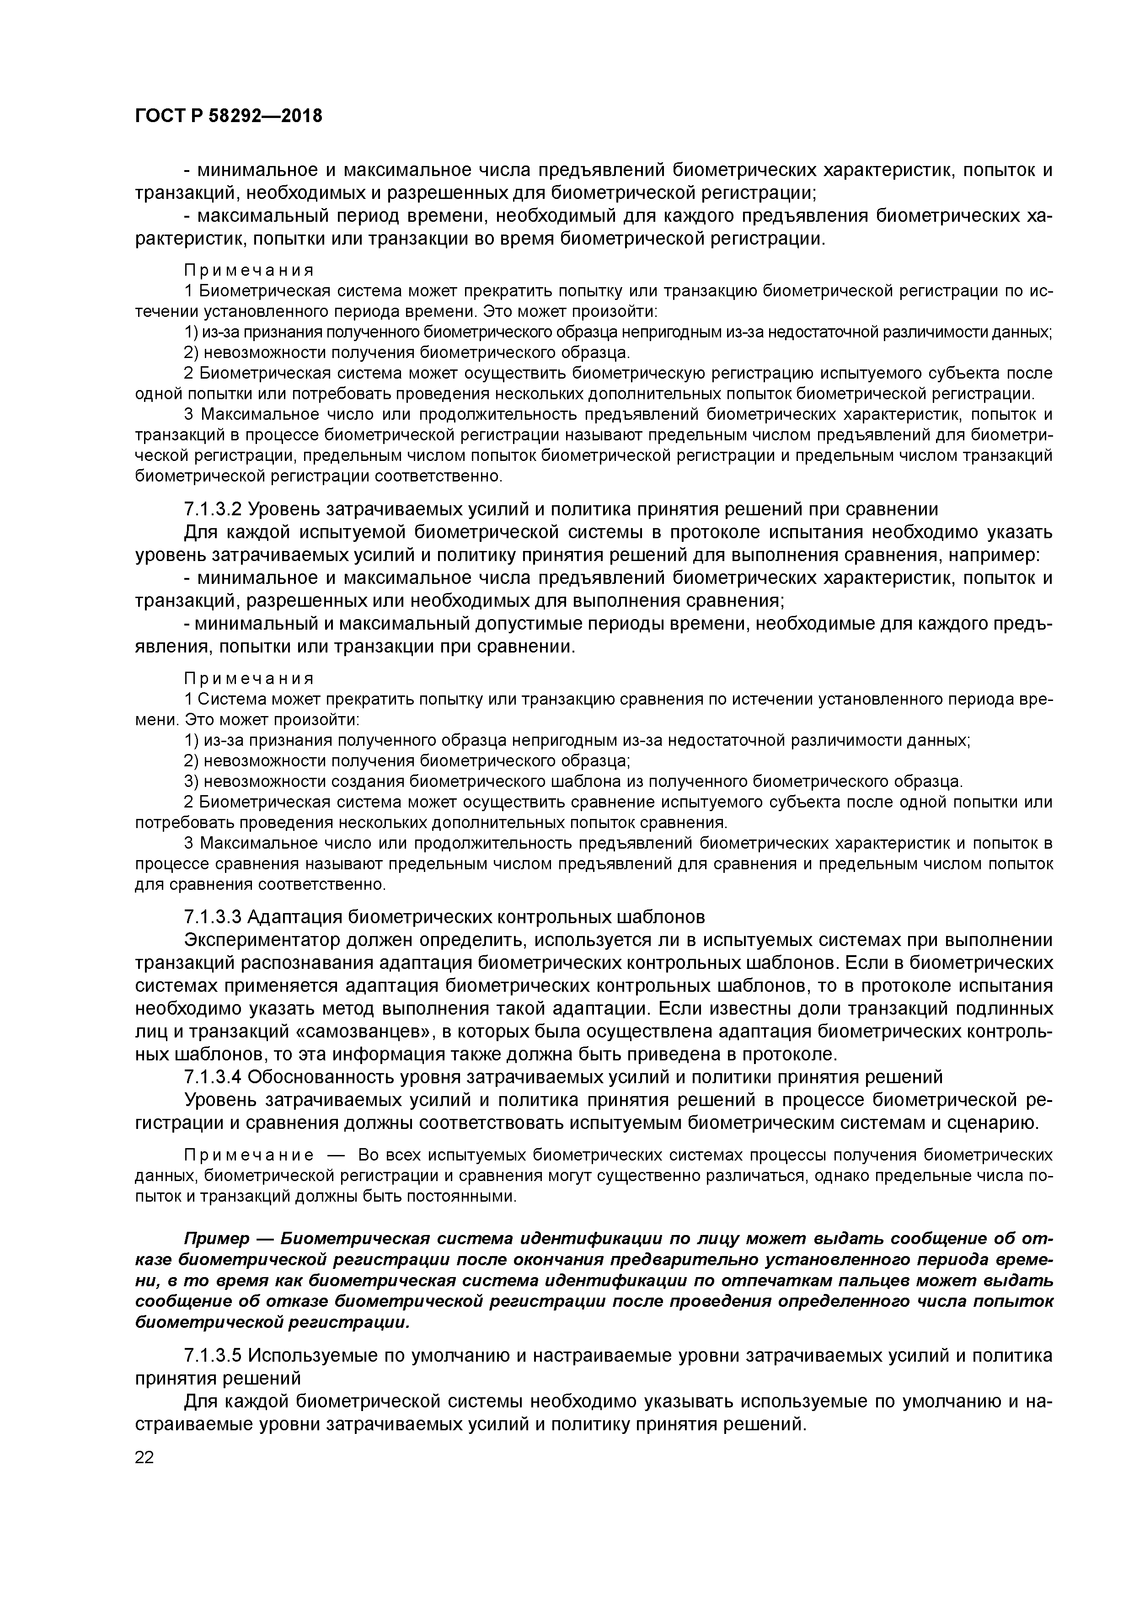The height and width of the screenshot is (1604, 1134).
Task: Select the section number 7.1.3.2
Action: pos(213,508)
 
